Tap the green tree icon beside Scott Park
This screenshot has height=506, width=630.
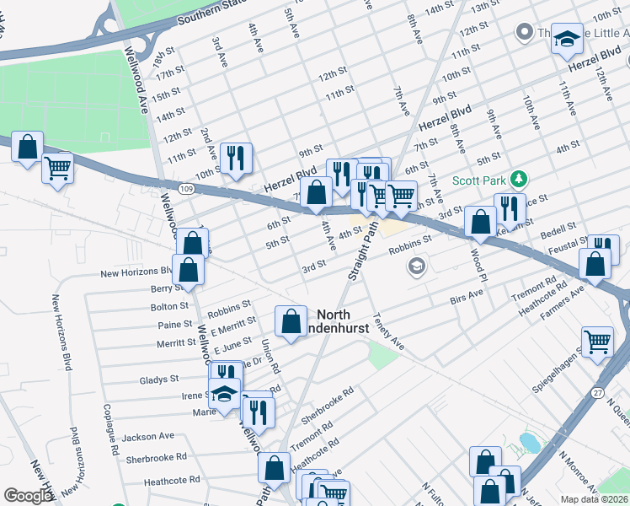pyautogui.click(x=521, y=179)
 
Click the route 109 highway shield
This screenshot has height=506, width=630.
pyautogui.click(x=186, y=189)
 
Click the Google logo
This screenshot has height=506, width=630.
pyautogui.click(x=29, y=496)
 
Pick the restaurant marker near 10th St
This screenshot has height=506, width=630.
pyautogui.click(x=236, y=157)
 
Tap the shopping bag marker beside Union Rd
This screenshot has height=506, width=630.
pyautogui.click(x=291, y=321)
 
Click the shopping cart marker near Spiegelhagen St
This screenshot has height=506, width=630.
pyautogui.click(x=597, y=342)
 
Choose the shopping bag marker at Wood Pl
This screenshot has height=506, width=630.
pyautogui.click(x=480, y=223)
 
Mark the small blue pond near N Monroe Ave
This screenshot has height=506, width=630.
pyautogui.click(x=530, y=442)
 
